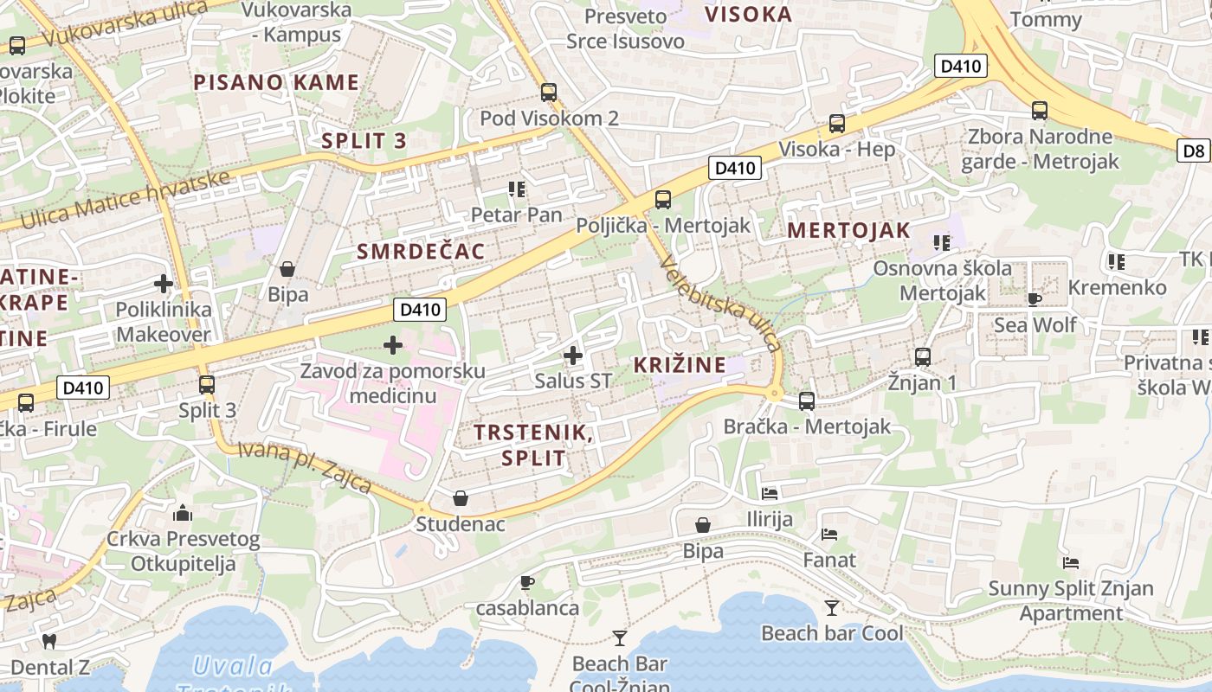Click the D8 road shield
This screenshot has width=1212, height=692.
coord(1194,151)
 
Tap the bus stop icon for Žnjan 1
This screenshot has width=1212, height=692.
coord(923,356)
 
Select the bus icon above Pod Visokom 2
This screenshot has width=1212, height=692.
coord(548,93)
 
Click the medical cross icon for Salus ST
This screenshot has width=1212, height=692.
coord(572,355)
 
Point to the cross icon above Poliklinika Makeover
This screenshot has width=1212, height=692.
coord(164,283)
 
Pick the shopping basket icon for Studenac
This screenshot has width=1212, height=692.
coord(461,498)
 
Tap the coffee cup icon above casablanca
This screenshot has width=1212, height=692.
coord(527,582)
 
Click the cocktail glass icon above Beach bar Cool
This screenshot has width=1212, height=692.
coord(831,608)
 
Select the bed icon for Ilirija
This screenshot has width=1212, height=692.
coord(769,494)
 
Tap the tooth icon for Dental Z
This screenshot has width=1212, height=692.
coord(49,641)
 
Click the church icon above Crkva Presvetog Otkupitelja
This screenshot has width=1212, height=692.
coord(182,514)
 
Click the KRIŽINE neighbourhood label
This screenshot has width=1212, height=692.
coord(680,365)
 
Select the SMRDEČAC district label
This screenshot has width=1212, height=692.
coord(421,252)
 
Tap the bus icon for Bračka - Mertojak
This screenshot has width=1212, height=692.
coord(806,400)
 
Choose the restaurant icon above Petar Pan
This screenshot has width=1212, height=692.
coord(517,189)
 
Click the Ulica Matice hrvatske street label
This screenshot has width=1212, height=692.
coord(125,200)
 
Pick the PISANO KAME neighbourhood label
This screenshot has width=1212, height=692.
coord(275,83)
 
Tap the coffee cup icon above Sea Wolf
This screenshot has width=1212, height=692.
coord(1034,299)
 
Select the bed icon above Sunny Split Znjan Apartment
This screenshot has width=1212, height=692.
coord(1071,563)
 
